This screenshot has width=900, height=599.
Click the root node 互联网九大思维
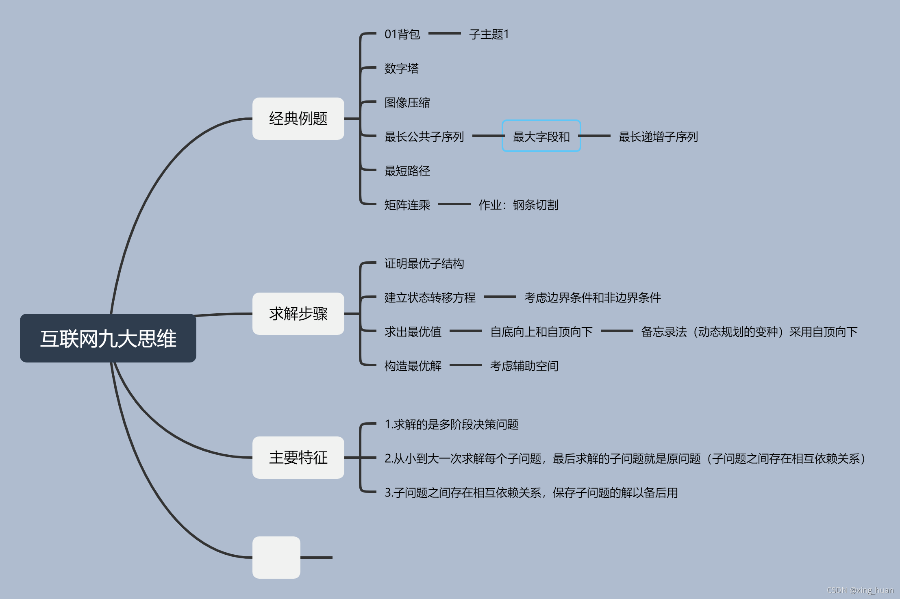[108, 338]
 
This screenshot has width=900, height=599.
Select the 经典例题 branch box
[298, 119]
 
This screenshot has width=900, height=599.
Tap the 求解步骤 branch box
[298, 314]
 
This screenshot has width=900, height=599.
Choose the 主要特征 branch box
[298, 458]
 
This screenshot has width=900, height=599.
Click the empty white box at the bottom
[276, 557]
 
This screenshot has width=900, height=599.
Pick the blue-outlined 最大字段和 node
[541, 136]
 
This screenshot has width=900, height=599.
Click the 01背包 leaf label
[402, 34]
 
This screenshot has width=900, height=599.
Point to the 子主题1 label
[489, 34]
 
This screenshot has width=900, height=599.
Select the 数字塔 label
[401, 68]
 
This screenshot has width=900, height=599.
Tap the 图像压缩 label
[407, 102]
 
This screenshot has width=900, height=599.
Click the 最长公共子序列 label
[424, 137]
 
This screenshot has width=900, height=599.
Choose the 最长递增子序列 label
[658, 137]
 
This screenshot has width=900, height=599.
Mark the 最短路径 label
[407, 171]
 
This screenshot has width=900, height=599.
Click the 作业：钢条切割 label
[518, 205]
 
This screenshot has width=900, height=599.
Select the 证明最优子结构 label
[424, 263]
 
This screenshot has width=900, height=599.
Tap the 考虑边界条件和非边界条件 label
[592, 297]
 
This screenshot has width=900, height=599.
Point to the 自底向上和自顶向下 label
[541, 332]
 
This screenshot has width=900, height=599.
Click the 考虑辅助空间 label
[524, 366]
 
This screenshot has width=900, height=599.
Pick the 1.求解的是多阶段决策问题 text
[452, 424]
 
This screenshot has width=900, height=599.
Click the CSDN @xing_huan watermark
[860, 590]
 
